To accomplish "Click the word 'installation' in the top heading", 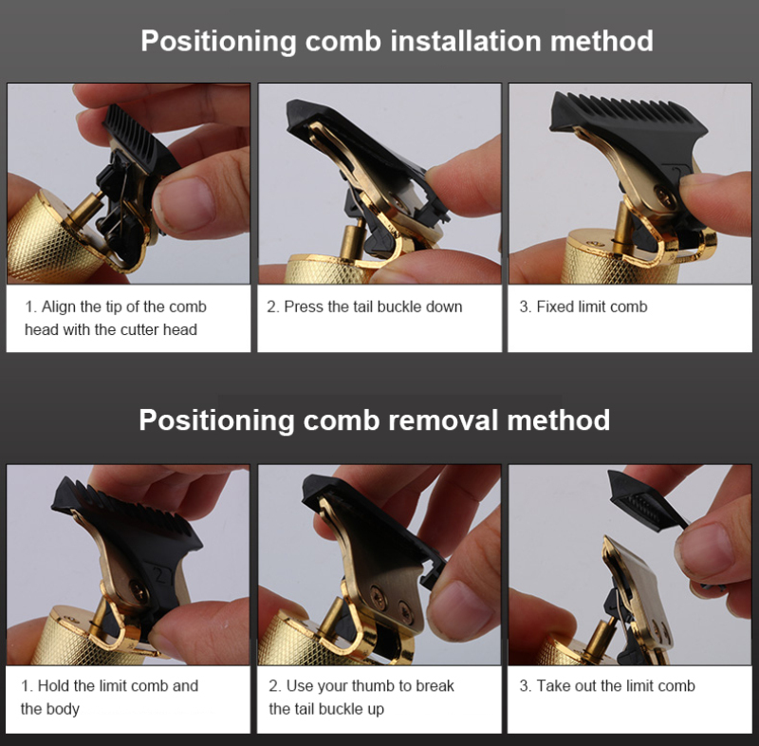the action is [x=466, y=41].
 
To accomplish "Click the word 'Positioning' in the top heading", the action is [x=218, y=42].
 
